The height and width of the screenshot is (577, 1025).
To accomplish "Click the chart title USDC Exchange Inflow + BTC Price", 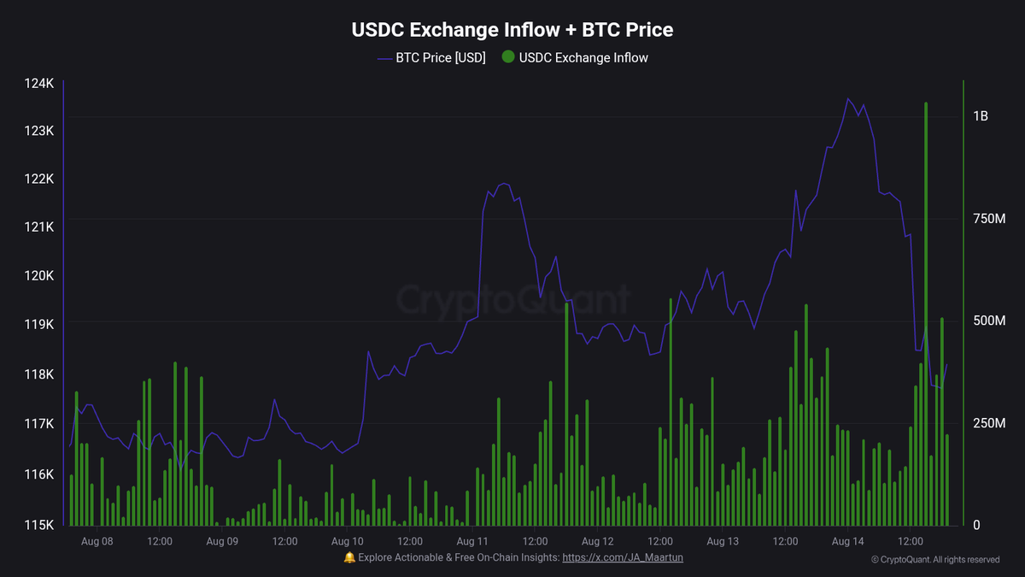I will pyautogui.click(x=512, y=30).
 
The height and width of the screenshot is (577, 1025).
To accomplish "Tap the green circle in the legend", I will pyautogui.click(x=508, y=58).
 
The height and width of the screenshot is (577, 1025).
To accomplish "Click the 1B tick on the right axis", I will pyautogui.click(x=980, y=116).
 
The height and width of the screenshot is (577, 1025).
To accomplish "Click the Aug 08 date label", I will pyautogui.click(x=97, y=541).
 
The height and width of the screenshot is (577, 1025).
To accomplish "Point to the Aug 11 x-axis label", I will pyautogui.click(x=472, y=541).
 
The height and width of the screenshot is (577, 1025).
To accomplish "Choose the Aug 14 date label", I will pyautogui.click(x=848, y=541).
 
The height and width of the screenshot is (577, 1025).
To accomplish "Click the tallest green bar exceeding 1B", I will pyautogui.click(x=926, y=256).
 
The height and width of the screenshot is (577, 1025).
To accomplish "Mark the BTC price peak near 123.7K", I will pyautogui.click(x=848, y=99).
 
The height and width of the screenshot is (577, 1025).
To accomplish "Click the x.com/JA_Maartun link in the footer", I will pyautogui.click(x=623, y=557).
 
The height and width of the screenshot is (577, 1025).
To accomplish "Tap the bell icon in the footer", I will pyautogui.click(x=348, y=557).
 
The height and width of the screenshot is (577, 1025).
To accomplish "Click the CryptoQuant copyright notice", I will pyautogui.click(x=935, y=560).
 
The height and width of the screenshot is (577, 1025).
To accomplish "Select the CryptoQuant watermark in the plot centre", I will pyautogui.click(x=512, y=300).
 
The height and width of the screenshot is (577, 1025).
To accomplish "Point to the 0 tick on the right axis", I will pyautogui.click(x=976, y=525).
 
